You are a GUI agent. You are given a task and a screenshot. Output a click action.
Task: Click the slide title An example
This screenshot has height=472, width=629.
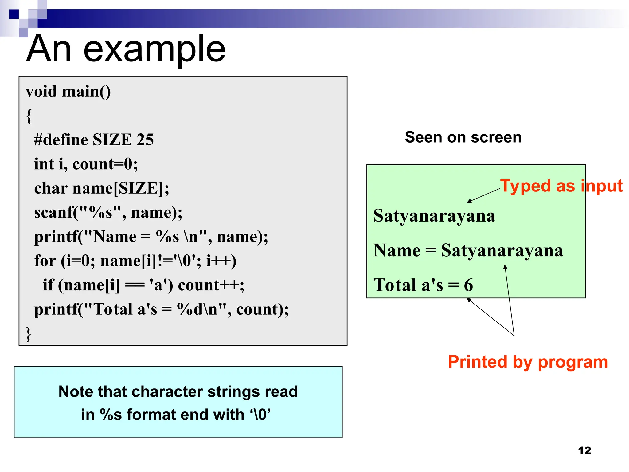pos(126,49)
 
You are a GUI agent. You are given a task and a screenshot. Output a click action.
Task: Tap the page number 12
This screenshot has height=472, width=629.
pos(584,450)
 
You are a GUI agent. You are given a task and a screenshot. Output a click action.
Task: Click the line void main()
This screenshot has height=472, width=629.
pos(68,92)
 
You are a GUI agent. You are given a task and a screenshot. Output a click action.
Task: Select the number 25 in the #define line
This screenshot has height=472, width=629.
pos(145,140)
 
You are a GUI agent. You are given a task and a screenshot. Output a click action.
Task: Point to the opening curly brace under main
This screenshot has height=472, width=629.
pos(29,116)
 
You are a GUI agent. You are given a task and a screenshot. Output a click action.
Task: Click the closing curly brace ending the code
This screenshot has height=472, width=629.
pos(28,334)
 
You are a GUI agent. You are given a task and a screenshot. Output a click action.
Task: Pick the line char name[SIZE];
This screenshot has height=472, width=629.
pos(101,188)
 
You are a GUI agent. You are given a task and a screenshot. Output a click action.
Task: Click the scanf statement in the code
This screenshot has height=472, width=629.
pos(108,212)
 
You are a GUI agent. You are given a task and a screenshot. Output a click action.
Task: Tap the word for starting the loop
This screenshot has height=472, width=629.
pos(45,261)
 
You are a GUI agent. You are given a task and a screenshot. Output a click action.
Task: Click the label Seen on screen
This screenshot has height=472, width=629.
pos(463,137)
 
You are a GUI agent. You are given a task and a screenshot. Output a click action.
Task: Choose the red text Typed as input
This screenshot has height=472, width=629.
pos(561,186)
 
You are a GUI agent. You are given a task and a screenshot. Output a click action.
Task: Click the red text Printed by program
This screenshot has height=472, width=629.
pos(528,362)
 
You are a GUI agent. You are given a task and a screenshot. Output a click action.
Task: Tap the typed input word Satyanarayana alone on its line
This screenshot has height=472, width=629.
pos(434,216)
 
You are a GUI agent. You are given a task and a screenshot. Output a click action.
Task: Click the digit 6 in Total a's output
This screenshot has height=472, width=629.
pos(468,285)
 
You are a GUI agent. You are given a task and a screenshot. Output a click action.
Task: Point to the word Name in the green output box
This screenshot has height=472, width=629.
pos(397,250)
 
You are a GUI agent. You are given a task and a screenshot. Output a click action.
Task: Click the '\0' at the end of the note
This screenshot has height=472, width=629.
pos(260,415)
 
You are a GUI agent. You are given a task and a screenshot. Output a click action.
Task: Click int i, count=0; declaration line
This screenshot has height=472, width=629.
pos(86,164)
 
